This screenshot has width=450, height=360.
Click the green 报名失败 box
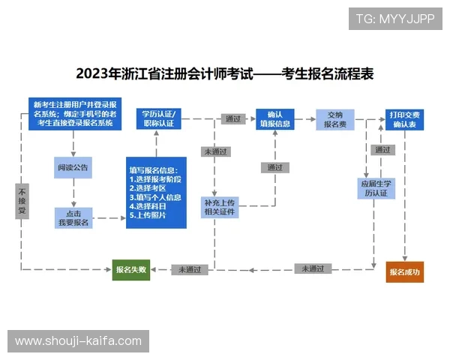click(131, 269)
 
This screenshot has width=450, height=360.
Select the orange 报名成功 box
click(405, 271)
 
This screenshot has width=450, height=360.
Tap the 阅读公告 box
click(73, 167)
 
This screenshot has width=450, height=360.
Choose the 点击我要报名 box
click(73, 217)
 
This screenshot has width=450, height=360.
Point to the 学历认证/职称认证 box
click(157, 118)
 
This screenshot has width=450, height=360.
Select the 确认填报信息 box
click(274, 118)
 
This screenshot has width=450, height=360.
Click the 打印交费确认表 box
click(404, 119)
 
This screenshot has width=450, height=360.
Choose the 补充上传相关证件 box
click(220, 207)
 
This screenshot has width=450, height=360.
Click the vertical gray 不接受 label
click(22, 202)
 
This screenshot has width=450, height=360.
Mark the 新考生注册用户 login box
click(74, 113)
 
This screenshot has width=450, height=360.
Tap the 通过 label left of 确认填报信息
click(232, 118)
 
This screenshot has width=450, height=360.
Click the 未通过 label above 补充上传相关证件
click(216, 151)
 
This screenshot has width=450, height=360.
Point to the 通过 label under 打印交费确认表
click(382, 150)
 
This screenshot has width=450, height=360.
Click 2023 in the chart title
click(94, 74)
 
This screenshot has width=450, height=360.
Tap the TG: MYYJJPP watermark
click(395, 18)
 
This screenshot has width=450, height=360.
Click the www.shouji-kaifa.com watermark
click(78, 341)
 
